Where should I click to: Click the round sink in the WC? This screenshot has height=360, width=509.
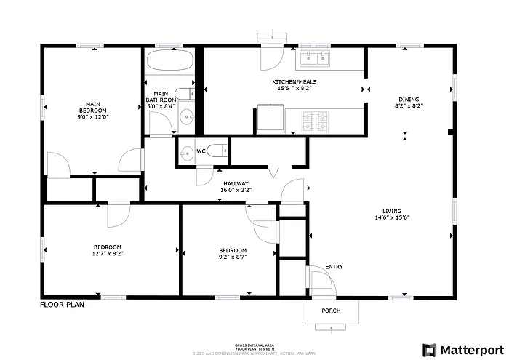(188, 152)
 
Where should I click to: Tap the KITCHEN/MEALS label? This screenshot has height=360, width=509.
(294, 82)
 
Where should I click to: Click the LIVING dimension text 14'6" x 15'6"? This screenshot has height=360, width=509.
(393, 217)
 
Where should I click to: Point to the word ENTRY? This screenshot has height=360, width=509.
(334, 267)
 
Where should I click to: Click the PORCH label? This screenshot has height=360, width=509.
(331, 311)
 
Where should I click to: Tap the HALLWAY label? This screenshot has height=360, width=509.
(236, 184)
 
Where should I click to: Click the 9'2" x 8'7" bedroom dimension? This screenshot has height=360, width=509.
(233, 256)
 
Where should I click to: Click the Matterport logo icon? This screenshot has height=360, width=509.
(430, 350)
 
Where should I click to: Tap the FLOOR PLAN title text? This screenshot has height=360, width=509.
(62, 305)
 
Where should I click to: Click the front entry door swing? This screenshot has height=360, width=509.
(318, 280)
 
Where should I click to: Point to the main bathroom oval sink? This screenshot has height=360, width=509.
(187, 117)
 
